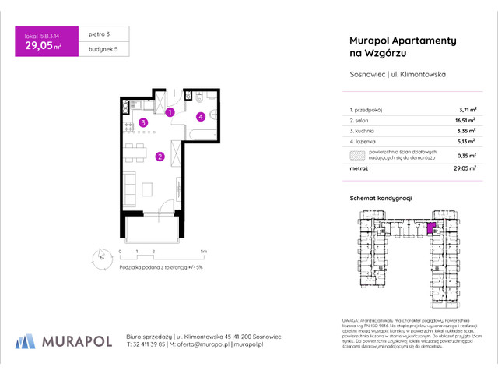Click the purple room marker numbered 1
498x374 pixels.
tap(170, 112)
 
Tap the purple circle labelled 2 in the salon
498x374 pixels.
tap(160, 157)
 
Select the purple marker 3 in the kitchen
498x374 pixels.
tap(142, 122)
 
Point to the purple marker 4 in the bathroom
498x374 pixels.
tap(200, 117)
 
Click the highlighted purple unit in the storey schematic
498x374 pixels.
tap(432, 228)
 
